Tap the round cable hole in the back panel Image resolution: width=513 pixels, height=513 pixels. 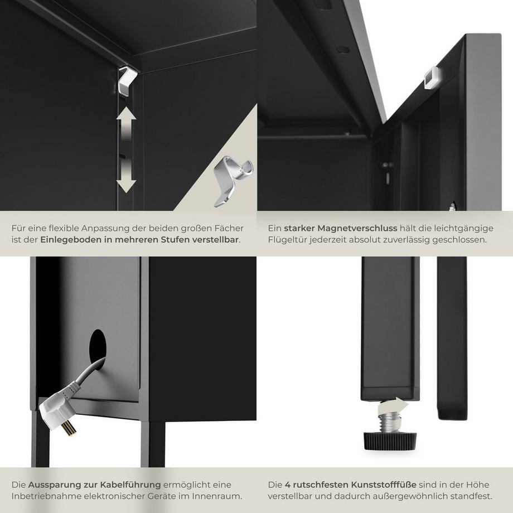click(x=98, y=345)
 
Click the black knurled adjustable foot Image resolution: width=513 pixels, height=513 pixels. click(x=390, y=440)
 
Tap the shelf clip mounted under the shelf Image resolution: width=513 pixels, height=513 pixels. click(x=127, y=81)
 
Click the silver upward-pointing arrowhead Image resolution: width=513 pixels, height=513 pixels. click(x=126, y=117)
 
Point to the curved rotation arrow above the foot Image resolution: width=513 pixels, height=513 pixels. click(x=392, y=406)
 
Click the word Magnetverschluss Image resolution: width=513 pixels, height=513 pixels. click(x=357, y=228)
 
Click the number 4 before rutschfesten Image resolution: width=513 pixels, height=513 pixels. click(x=288, y=485)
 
